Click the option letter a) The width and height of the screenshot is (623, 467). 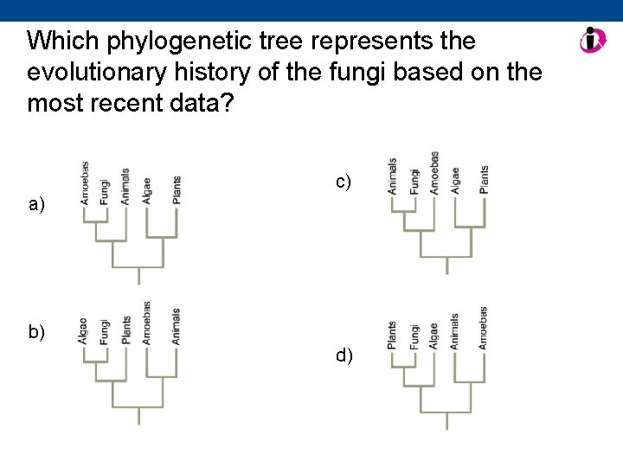click(x=36, y=205)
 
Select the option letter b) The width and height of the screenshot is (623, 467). click(x=36, y=332)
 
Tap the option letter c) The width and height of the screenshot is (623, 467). click(x=344, y=181)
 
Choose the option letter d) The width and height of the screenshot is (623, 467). click(x=344, y=355)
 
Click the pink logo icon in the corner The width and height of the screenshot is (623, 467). click(x=593, y=41)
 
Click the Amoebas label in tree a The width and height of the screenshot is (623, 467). click(x=85, y=183)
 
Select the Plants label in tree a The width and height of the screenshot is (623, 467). click(x=177, y=190)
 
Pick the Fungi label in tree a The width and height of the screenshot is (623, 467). click(x=105, y=190)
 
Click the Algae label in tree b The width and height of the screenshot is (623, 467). click(x=83, y=330)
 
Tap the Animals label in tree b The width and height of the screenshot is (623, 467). click(x=177, y=327)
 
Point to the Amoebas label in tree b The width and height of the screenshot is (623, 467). click(x=147, y=323)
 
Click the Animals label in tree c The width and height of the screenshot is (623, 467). click(x=393, y=176)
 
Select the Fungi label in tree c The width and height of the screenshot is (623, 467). click(x=414, y=180)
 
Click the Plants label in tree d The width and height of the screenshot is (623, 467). click(x=392, y=336)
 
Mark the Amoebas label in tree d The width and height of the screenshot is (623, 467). click(x=483, y=327)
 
